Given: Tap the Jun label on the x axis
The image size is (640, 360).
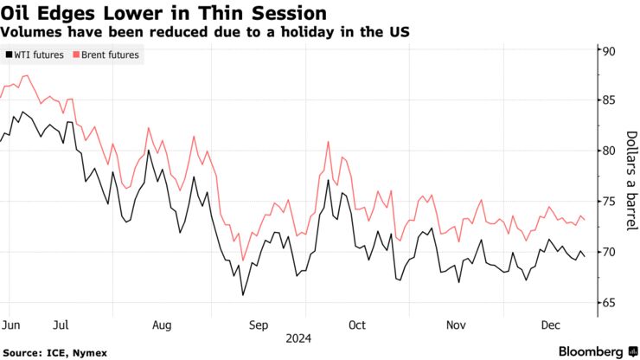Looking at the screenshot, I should point(11,325).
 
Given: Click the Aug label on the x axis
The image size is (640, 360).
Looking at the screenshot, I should point(161,325).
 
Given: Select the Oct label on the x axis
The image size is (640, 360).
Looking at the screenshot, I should point(356,325).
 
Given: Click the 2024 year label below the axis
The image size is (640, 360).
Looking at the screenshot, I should point(299,338).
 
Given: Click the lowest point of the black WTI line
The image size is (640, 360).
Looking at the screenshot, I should point(243,295).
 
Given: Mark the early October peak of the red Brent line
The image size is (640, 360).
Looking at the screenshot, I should point(328,141).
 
